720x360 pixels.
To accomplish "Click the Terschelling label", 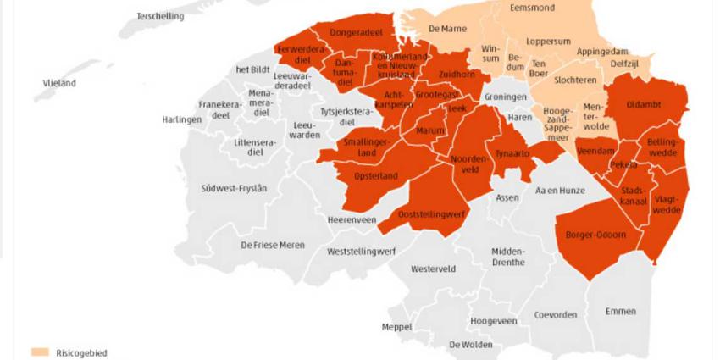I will (161, 16).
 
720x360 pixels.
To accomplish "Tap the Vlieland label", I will (60, 83).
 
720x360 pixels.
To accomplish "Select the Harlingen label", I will (182, 119).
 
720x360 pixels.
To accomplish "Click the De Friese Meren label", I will (273, 245).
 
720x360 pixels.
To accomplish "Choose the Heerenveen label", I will (352, 219).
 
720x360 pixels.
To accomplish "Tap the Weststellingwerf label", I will (363, 252).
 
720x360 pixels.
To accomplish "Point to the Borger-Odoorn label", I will (596, 234).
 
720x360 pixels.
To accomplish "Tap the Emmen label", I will (621, 312).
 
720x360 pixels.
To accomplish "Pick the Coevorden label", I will (556, 315).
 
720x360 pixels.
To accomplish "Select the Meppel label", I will (396, 326).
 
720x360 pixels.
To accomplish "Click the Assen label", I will (507, 197).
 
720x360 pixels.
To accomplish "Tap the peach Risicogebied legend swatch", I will (40, 352).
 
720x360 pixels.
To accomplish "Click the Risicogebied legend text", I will (82, 352).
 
